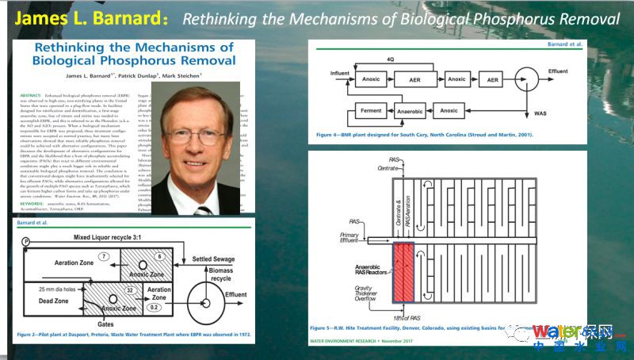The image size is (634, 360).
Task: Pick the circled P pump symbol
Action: (x=26, y=240)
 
